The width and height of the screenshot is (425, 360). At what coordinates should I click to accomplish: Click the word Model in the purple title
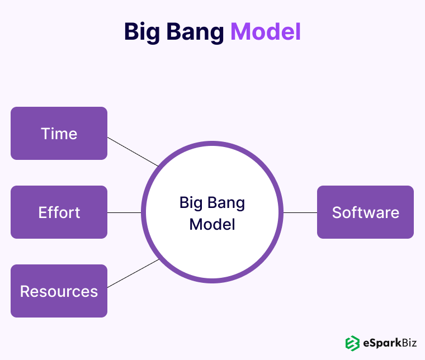coord(265,32)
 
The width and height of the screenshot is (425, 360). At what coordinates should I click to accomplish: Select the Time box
coord(59,134)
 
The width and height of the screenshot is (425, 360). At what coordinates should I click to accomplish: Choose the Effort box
coord(59,212)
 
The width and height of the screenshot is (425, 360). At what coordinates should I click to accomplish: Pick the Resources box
coord(59,291)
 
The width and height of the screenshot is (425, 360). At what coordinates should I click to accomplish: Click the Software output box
coord(365,212)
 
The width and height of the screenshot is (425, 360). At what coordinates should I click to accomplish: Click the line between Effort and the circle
coord(124,212)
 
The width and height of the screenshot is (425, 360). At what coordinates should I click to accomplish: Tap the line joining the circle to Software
coord(300,212)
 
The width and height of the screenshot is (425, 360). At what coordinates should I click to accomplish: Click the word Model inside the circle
coord(212,225)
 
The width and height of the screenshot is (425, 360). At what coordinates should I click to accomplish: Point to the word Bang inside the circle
coord(226,202)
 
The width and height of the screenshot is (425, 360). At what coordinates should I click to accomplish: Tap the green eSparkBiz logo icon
coord(352,343)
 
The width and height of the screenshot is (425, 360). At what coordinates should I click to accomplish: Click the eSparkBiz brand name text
coord(388,343)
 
